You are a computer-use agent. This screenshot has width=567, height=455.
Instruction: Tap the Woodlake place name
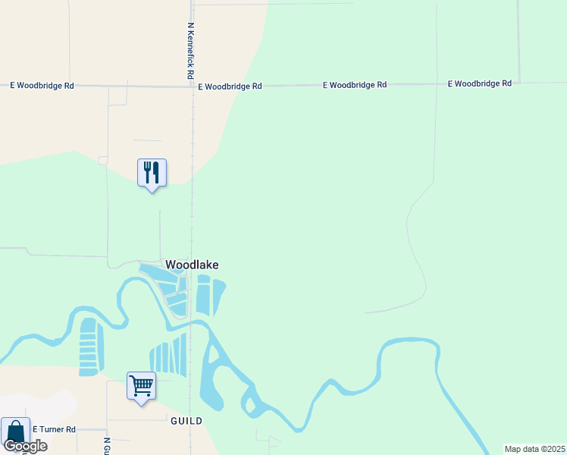click(x=192, y=265)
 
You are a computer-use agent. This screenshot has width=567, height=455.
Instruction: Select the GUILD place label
click(x=186, y=420)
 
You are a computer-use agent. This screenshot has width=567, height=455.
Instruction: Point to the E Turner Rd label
click(x=54, y=429)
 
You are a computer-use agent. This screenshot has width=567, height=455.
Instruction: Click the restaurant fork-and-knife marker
click(x=152, y=174)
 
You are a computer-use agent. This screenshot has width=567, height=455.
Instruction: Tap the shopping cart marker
click(x=141, y=387)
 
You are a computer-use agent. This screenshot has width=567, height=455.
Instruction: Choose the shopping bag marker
click(x=15, y=432)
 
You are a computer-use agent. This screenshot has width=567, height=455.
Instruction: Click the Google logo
click(x=26, y=446)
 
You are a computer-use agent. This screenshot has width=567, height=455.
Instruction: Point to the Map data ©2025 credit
click(x=534, y=449)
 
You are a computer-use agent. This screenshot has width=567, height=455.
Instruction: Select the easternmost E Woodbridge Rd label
click(x=480, y=83)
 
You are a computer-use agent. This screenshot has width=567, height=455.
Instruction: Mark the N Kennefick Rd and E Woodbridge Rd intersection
click(x=192, y=86)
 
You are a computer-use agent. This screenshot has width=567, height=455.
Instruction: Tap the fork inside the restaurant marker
click(x=147, y=172)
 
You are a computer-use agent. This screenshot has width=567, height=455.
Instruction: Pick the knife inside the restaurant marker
click(x=156, y=172)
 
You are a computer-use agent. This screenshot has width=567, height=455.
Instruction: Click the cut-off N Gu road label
click(x=107, y=445)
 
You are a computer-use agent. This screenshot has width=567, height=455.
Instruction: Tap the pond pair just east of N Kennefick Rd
click(x=210, y=296)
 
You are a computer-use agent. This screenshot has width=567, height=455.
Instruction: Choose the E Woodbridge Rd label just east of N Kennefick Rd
click(x=230, y=87)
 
